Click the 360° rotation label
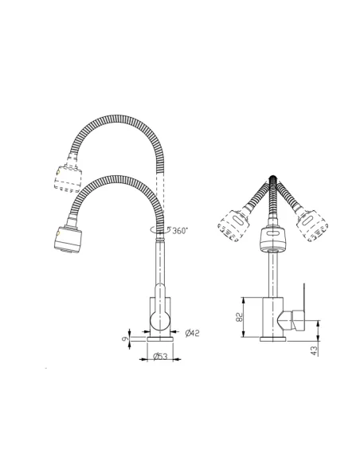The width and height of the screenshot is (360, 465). pos(179,230)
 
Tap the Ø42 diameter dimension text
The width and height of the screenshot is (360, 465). pos(191,332)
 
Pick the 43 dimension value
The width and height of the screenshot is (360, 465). pos(315,349)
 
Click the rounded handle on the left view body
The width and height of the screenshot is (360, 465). pos(158,320)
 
